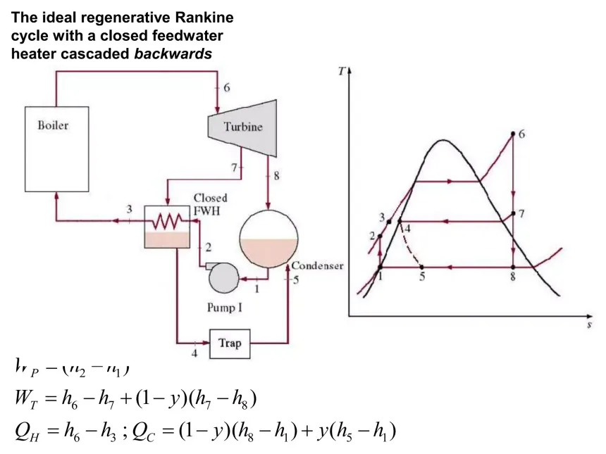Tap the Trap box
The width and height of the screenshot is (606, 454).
pos(230,343)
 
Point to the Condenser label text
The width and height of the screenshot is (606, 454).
pos(317,265)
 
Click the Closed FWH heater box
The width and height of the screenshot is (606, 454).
pos(167,227)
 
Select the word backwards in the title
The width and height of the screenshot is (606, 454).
pos(173,54)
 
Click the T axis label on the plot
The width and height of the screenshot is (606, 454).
pos(341,71)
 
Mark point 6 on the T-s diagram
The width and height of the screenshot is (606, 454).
pos(514,134)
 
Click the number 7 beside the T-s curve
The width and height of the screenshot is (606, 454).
pos(521,213)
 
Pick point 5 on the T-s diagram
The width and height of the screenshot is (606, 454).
pos(421,267)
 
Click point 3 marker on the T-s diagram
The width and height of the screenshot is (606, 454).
pos(389,221)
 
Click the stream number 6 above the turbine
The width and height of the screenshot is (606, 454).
pos(227,87)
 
